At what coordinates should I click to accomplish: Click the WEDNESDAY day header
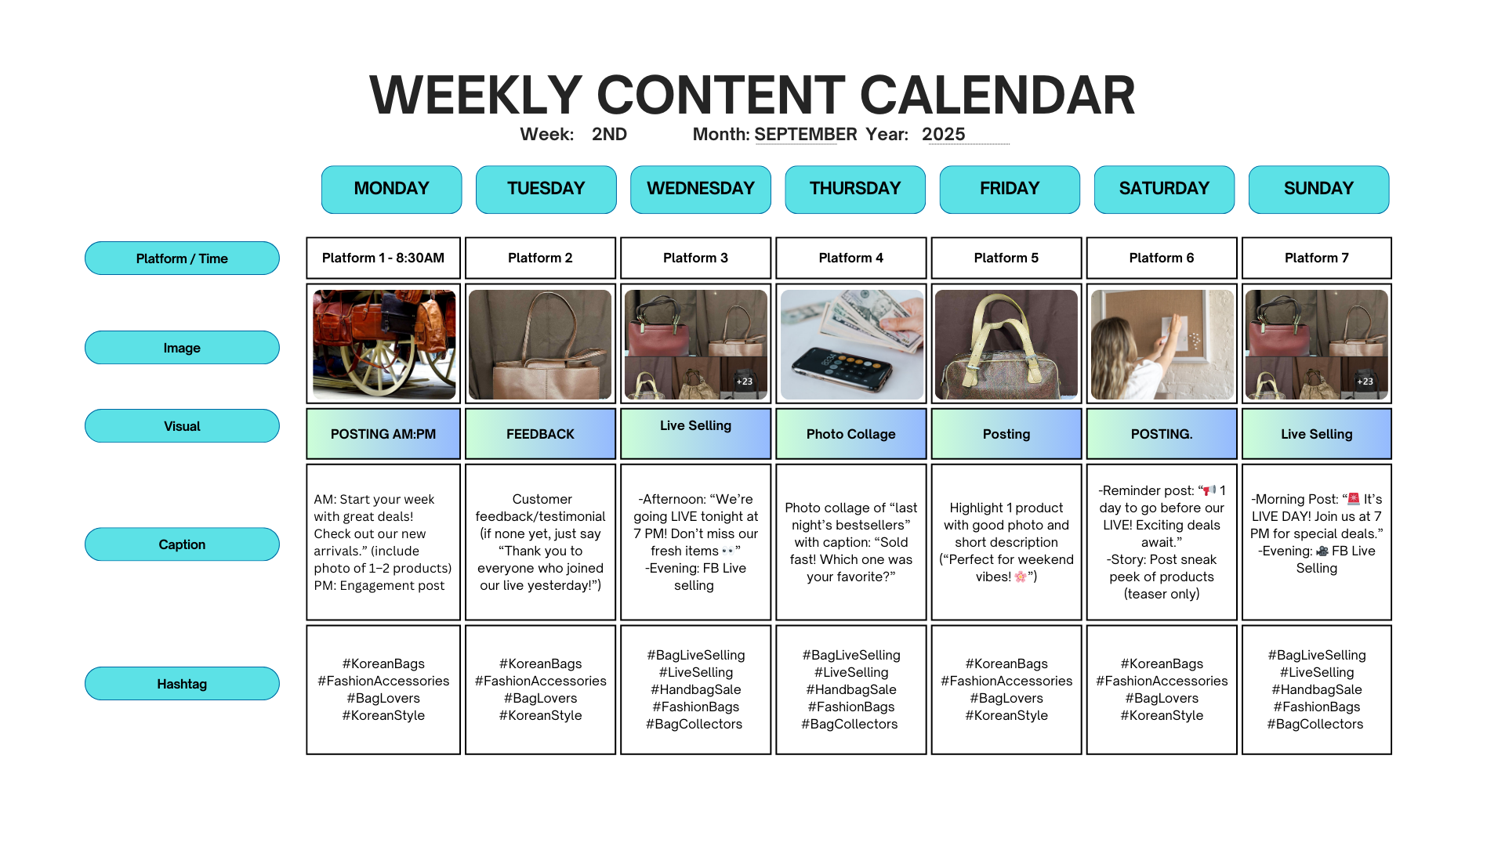click(x=701, y=189)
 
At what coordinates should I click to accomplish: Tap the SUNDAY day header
click(x=1318, y=189)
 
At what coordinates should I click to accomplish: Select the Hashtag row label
click(x=182, y=684)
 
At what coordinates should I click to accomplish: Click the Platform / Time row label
click(x=182, y=258)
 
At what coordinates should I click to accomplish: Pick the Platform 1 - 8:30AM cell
click(x=383, y=258)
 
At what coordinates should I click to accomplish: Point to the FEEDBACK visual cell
click(x=540, y=434)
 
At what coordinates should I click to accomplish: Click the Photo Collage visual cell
click(x=851, y=434)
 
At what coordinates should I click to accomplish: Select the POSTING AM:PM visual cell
click(x=383, y=434)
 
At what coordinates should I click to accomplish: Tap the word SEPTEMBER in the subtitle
click(x=806, y=135)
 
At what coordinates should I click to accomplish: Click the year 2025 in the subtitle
click(x=943, y=135)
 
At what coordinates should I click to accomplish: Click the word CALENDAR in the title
click(x=997, y=96)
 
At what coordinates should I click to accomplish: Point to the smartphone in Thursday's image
click(x=842, y=370)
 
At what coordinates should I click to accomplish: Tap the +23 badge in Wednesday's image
click(x=745, y=381)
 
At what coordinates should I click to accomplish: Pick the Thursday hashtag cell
click(x=851, y=689)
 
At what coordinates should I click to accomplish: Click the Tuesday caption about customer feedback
click(x=541, y=542)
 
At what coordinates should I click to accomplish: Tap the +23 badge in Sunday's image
click(x=1365, y=381)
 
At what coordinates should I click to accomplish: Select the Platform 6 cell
click(x=1162, y=258)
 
